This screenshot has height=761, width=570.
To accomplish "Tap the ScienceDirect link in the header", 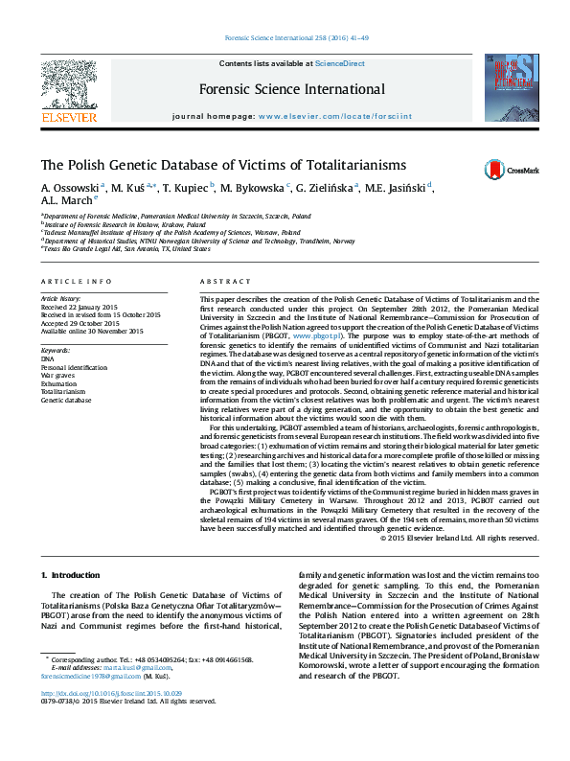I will (x=340, y=63).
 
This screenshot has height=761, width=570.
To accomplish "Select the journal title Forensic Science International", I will (x=292, y=90).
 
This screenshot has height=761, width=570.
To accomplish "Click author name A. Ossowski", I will (x=71, y=187).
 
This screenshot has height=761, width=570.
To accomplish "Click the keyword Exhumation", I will (x=59, y=383).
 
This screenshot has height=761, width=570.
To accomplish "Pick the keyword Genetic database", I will (x=66, y=400).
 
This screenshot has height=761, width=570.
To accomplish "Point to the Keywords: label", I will (x=56, y=350).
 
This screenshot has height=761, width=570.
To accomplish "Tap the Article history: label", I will (x=60, y=299).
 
